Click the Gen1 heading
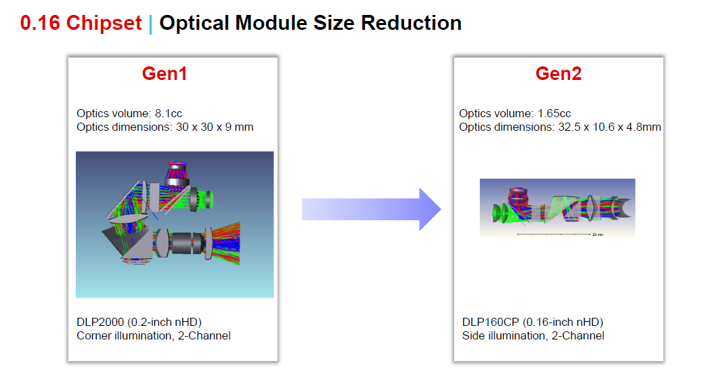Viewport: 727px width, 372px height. point(164,74)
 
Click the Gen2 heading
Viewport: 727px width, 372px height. point(558,74)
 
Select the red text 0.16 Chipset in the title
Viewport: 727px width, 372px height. point(81,23)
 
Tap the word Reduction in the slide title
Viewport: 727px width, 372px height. point(412,23)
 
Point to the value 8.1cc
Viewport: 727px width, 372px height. point(169,114)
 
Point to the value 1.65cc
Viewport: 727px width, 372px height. point(554,114)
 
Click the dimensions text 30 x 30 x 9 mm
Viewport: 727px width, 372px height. point(215,127)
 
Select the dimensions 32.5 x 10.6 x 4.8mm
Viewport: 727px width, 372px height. point(610,127)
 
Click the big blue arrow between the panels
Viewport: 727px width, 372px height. point(372,209)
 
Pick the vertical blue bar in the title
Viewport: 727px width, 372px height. point(151,24)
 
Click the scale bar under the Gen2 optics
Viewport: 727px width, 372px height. point(554,234)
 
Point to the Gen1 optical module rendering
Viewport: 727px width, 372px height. point(175,224)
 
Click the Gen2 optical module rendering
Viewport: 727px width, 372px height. point(557,207)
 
